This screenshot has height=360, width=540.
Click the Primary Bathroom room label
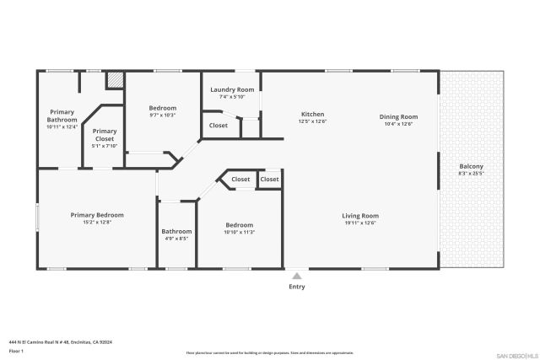(62, 116)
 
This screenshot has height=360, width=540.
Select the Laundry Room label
(231, 89)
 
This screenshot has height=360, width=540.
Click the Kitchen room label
(313, 115)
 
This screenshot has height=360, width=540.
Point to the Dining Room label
(398, 116)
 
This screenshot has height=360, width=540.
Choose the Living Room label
(360, 215)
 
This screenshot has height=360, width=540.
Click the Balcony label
(471, 166)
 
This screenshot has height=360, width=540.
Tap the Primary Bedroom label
(97, 215)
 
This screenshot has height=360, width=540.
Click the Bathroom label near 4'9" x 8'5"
(176, 231)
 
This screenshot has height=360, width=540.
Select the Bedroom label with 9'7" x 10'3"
(163, 108)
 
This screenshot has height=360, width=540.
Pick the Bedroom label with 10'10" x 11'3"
(239, 225)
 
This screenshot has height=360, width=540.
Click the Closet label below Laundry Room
(218, 126)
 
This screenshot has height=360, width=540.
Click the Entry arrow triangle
(297, 275)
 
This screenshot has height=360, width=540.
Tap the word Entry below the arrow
(297, 287)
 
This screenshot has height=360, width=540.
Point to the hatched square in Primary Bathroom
(115, 80)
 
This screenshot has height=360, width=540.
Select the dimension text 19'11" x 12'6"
(360, 223)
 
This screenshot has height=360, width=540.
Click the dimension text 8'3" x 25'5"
(471, 174)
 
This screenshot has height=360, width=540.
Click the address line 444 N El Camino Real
(61, 341)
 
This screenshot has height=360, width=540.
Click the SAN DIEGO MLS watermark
(516, 354)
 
